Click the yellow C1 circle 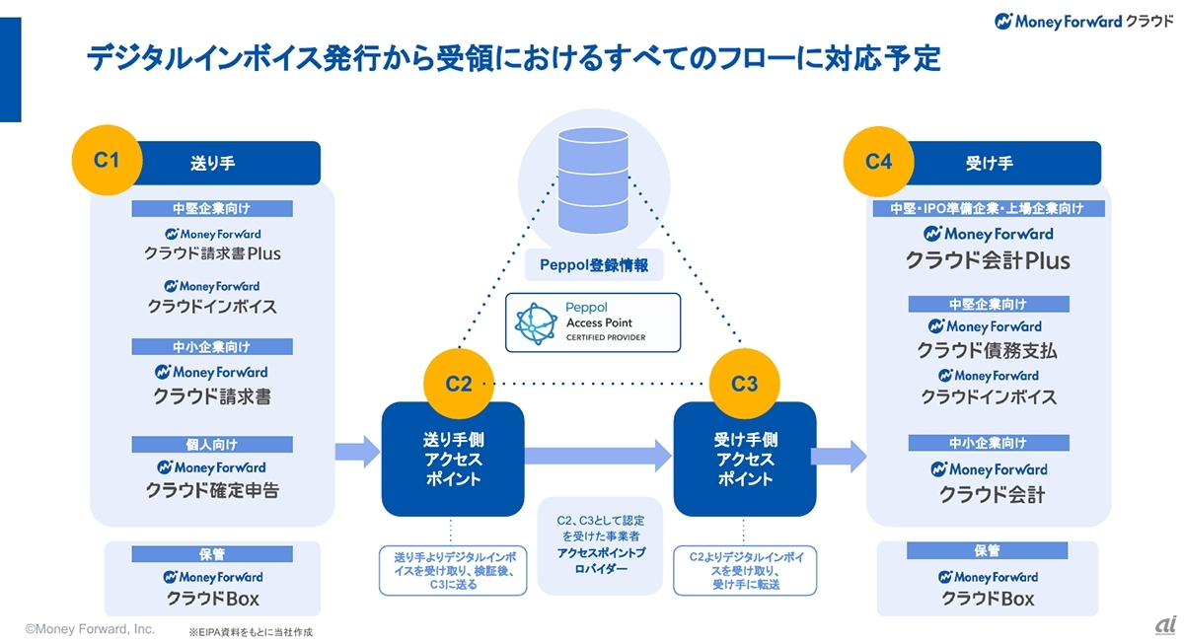[106, 159]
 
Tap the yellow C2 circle [459, 384]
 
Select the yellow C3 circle [744, 384]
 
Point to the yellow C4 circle [878, 160]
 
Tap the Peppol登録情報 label [593, 265]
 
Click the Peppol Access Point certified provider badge [593, 321]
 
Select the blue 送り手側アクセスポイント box [452, 460]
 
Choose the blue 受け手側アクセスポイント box [744, 460]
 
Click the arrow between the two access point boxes [598, 455]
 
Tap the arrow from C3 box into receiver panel [839, 455]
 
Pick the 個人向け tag [213, 444]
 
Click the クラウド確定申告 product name [213, 490]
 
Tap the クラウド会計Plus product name [989, 261]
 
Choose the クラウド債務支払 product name [988, 350]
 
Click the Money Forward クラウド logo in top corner [1083, 21]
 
